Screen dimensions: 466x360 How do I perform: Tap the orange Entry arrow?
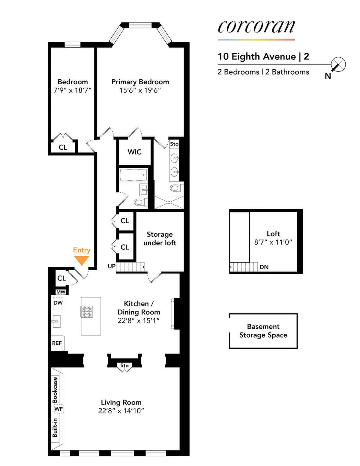(82, 260)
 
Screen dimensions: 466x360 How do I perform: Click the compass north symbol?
(338, 65)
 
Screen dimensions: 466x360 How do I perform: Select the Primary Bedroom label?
(140, 82)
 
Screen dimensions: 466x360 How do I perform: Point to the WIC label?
(134, 152)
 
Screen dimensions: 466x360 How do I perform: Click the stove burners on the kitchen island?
(87, 311)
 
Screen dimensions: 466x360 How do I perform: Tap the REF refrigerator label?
(57, 343)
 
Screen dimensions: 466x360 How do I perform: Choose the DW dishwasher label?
(58, 303)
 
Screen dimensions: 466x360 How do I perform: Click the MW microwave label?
(61, 292)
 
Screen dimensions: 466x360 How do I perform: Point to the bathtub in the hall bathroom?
(133, 175)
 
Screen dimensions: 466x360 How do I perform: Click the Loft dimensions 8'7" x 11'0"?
(273, 242)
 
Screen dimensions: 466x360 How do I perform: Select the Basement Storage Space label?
(263, 331)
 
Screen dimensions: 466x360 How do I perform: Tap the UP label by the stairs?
(112, 266)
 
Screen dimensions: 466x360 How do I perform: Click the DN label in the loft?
(264, 267)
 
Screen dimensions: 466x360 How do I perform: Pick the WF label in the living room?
(58, 409)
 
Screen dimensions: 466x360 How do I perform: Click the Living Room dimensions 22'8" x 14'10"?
(121, 411)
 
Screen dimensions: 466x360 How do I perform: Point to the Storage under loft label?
(160, 239)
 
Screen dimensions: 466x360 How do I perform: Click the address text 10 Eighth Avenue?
(257, 56)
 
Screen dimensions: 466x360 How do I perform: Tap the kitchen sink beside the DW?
(56, 321)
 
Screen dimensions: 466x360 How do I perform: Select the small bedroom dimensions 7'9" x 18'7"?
(72, 90)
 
